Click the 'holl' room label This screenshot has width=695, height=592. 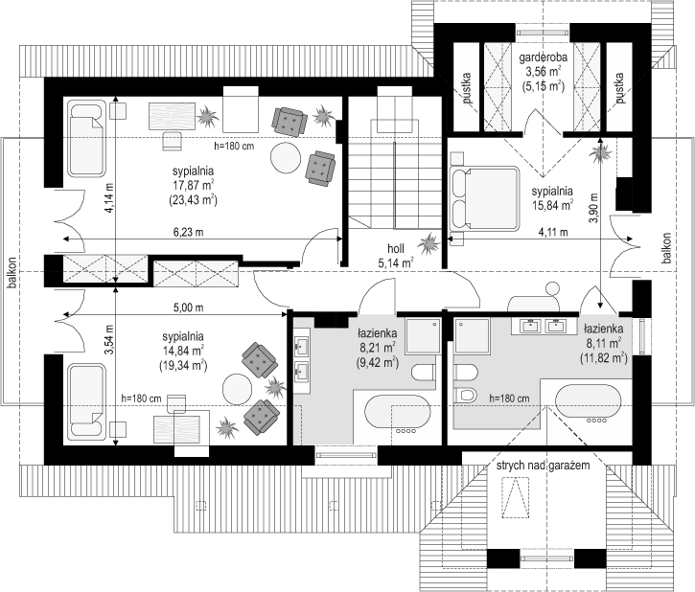(396, 248)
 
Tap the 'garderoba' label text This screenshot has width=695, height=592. (543, 57)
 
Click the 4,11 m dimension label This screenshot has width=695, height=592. (553, 232)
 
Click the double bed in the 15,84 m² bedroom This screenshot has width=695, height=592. (484, 198)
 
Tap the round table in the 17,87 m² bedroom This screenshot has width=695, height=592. (286, 158)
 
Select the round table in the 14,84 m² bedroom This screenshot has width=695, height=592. (237, 389)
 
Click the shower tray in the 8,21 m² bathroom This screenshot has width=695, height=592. (424, 335)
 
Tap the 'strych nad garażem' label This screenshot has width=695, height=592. (543, 466)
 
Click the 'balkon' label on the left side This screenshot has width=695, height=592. (12, 273)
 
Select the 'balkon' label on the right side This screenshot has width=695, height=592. (666, 248)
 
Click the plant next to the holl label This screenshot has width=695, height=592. (429, 243)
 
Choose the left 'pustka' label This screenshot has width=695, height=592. (466, 88)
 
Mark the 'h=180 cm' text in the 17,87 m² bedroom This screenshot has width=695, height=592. (234, 146)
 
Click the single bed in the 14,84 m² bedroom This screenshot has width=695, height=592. (87, 400)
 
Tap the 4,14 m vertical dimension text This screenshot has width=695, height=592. (108, 197)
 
